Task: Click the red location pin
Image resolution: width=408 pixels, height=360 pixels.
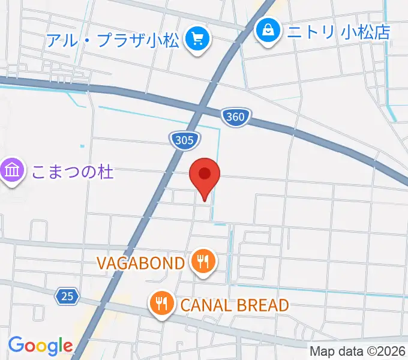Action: tap(205, 175)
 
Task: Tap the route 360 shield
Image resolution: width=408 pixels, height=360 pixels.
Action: tap(235, 116)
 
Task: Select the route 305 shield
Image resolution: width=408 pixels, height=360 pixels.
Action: tap(184, 140)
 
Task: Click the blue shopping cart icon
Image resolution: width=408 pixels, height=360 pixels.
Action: tap(197, 40)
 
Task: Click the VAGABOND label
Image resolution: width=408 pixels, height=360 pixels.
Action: tap(140, 263)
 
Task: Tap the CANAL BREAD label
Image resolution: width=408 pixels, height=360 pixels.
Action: tap(235, 305)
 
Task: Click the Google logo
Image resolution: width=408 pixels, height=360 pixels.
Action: tap(40, 345)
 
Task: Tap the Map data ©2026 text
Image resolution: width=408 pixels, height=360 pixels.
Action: tap(358, 352)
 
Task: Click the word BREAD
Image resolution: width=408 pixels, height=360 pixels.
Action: tap(263, 305)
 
